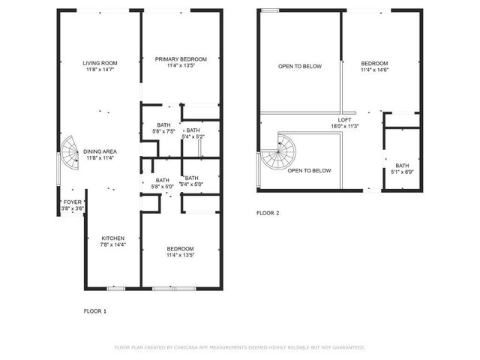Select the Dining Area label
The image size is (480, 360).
(99, 151)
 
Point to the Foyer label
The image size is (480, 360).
(73, 202)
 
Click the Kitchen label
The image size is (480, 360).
(113, 238)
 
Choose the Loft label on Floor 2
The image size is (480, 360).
(345, 120)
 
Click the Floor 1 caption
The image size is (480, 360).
(94, 310)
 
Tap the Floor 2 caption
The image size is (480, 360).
(268, 213)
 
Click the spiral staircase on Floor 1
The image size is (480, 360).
(69, 153)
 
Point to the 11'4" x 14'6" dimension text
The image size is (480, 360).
(374, 70)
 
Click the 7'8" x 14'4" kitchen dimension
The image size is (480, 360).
(113, 244)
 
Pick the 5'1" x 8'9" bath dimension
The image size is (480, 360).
(403, 172)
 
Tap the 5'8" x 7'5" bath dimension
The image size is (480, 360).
(163, 132)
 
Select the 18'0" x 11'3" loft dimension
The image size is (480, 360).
(345, 126)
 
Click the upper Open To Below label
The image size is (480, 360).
(300, 67)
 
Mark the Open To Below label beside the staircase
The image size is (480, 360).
(310, 170)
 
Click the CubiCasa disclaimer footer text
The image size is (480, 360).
(239, 347)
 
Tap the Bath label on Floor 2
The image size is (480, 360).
(403, 166)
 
